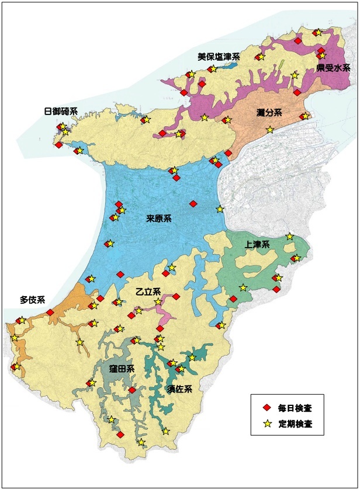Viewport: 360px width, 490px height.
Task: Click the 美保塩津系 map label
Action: point(219,57)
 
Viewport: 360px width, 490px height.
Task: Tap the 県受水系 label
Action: point(333,68)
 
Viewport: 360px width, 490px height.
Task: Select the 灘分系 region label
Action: point(269,112)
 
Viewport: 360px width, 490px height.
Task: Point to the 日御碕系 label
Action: point(61,111)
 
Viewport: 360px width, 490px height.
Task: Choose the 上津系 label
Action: point(257,245)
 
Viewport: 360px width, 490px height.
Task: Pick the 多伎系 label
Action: point(32,300)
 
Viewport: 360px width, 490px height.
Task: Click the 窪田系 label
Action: point(122,369)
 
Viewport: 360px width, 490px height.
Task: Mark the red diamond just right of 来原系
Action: point(193,203)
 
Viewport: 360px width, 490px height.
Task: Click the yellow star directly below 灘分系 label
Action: point(269,130)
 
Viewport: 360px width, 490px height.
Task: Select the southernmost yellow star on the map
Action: point(141,442)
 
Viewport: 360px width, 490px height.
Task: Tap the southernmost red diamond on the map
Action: point(120,435)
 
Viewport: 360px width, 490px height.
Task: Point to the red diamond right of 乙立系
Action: point(176,296)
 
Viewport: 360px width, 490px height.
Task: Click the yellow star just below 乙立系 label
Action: point(158,302)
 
